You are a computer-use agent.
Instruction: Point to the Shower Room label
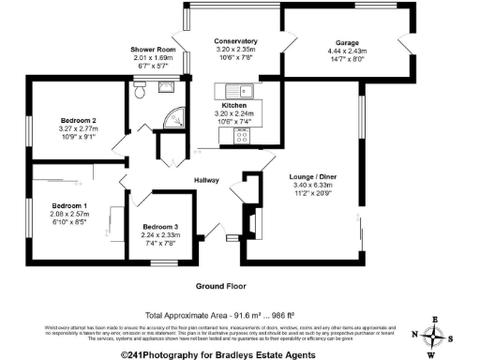tap(153, 50)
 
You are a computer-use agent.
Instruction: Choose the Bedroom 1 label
tap(68, 205)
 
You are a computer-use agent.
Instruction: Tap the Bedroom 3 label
tap(160, 226)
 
